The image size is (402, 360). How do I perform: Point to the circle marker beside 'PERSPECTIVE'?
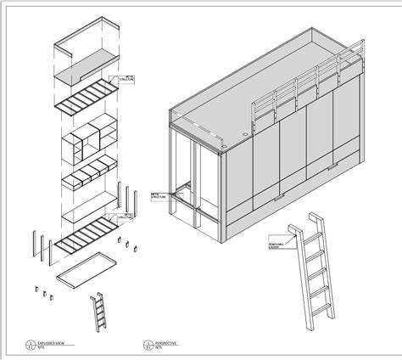[148, 345]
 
